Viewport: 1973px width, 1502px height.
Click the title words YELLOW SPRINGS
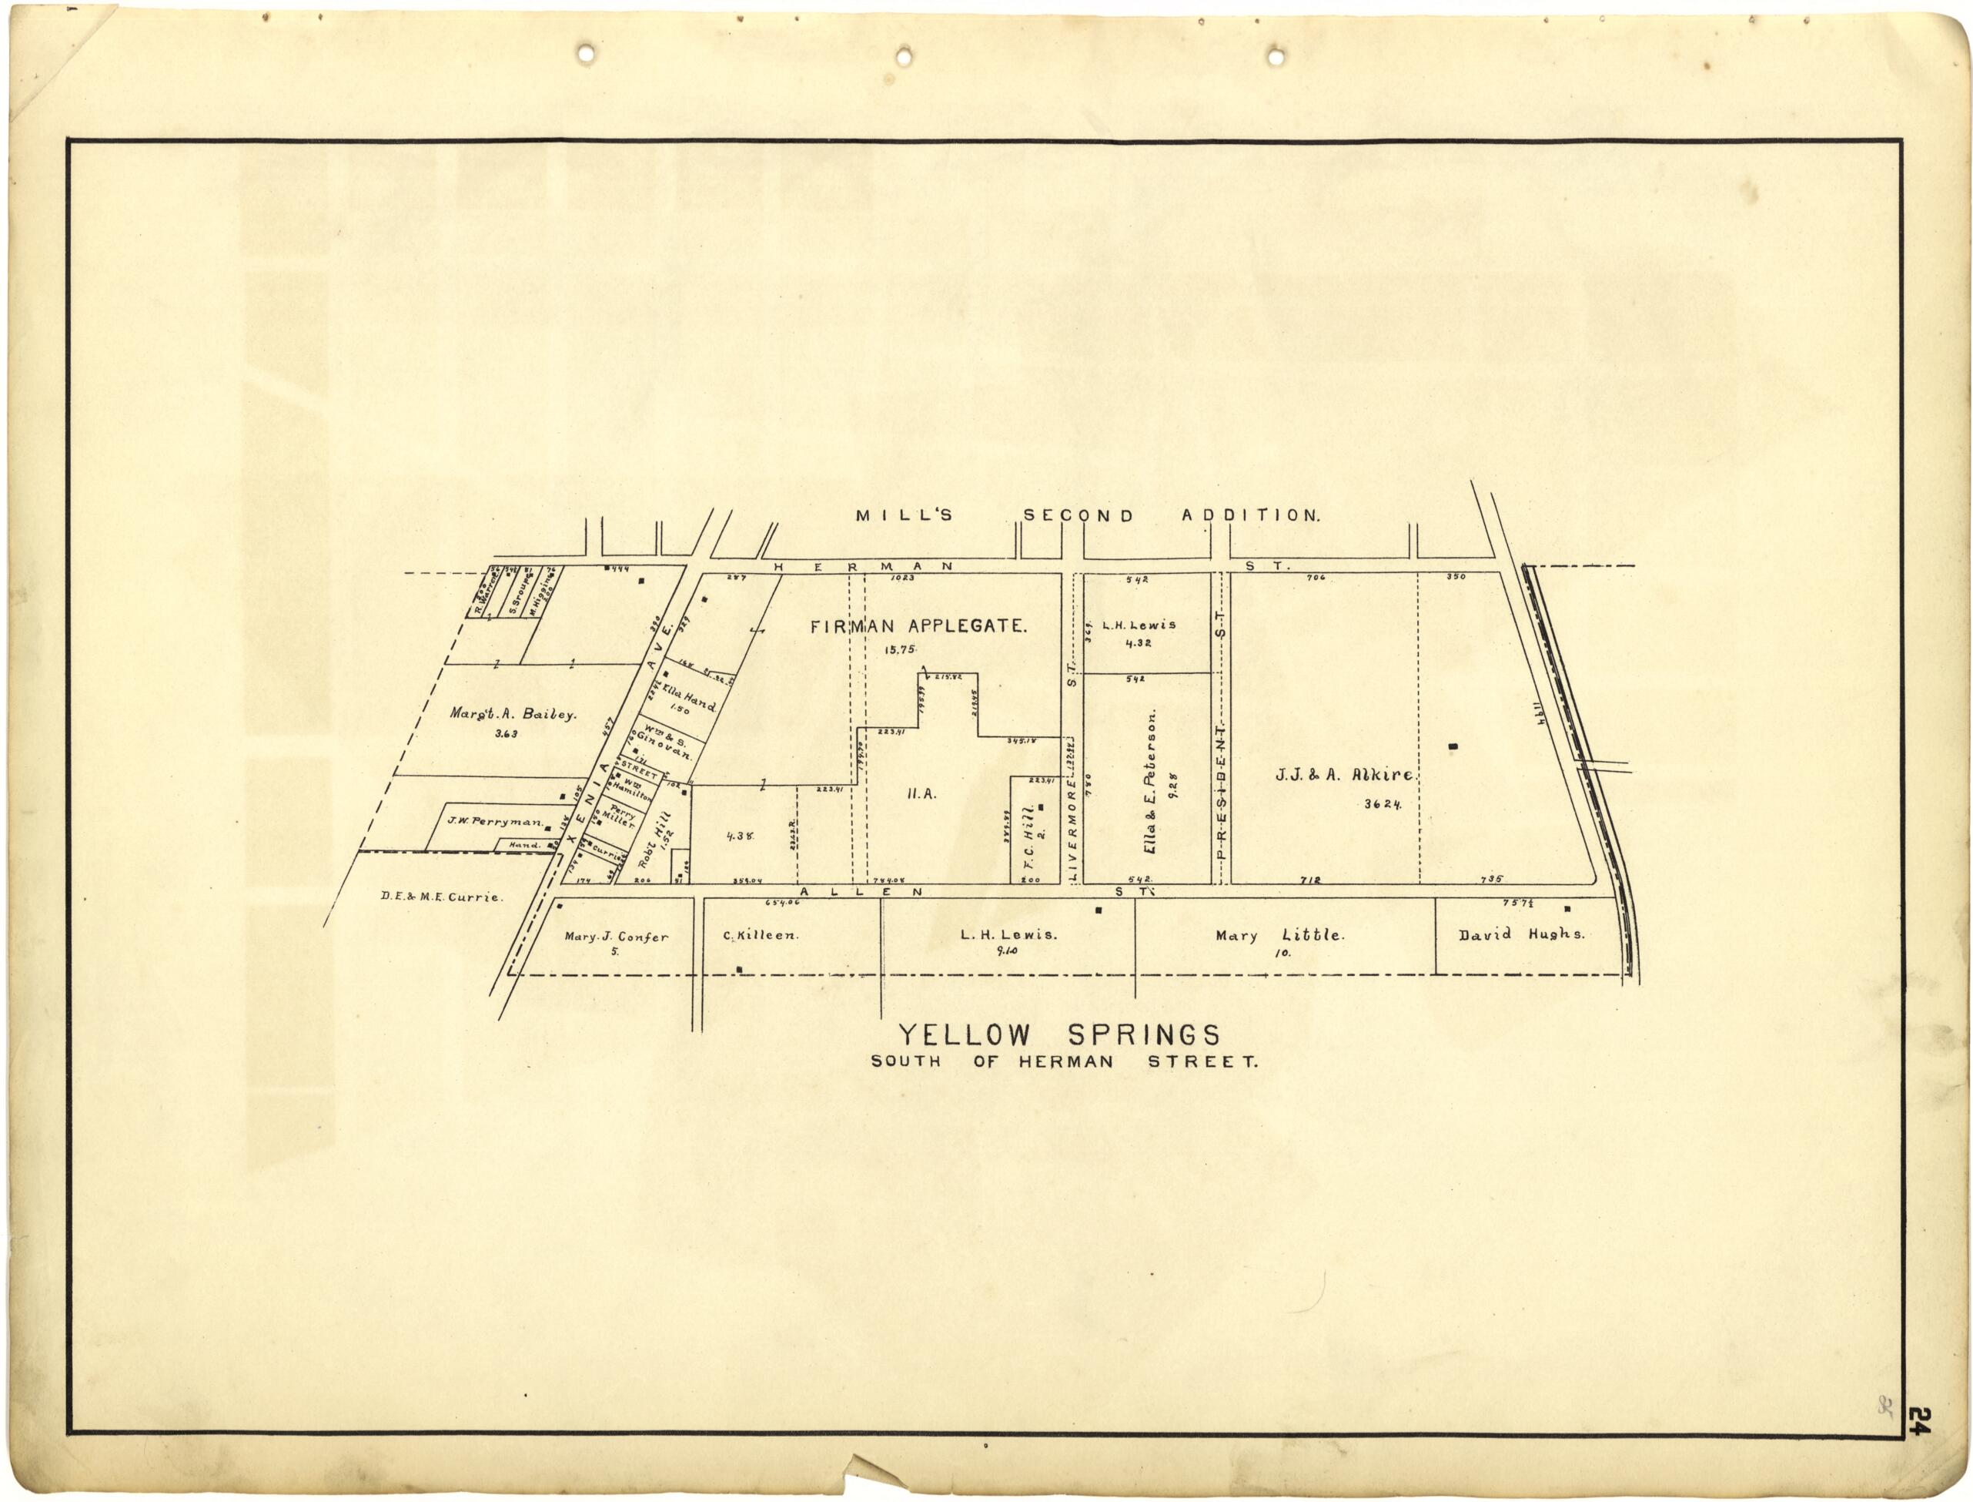point(1059,1034)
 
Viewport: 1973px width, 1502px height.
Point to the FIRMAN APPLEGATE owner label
point(918,627)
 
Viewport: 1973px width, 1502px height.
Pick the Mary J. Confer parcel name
point(616,937)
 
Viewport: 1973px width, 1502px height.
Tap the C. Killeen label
point(761,935)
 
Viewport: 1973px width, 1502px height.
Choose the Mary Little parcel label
point(1278,935)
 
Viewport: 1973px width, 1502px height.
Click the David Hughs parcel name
point(1521,934)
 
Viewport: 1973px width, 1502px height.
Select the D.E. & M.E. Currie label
point(440,897)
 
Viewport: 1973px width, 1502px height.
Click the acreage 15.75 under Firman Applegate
point(901,649)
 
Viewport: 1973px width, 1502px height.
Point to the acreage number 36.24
point(1382,803)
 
